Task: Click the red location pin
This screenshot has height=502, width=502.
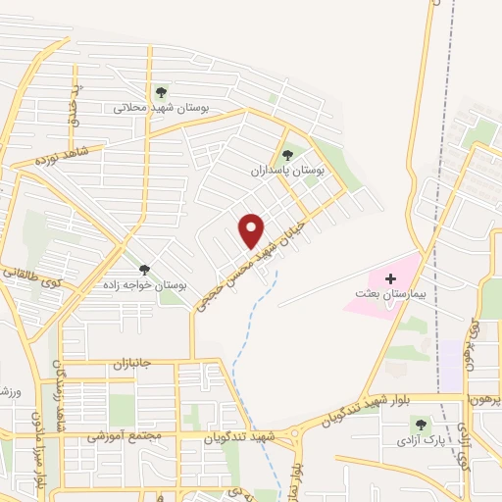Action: tap(252, 229)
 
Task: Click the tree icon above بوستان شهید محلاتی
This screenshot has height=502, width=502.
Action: tap(162, 92)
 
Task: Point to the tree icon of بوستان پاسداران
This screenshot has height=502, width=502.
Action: tap(287, 153)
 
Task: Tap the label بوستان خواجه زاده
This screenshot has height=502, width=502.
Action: tap(145, 284)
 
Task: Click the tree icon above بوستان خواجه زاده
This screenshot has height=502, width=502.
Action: tap(144, 269)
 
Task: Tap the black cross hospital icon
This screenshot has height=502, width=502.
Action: tap(390, 278)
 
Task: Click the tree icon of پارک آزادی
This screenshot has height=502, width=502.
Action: tap(421, 424)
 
